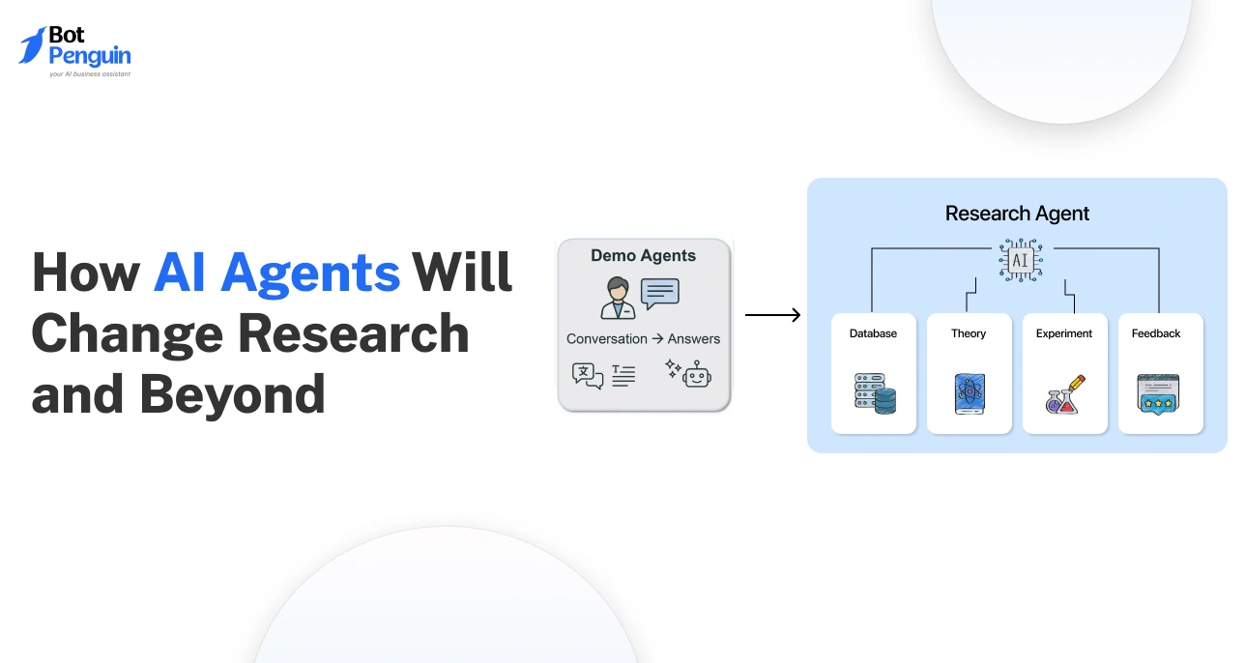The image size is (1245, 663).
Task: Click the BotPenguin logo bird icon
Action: (x=32, y=45)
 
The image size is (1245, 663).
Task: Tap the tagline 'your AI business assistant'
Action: (x=90, y=73)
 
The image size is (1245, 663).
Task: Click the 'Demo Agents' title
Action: (x=643, y=256)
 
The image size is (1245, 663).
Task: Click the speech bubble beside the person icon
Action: (x=660, y=293)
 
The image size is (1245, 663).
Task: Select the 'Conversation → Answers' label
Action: (x=643, y=338)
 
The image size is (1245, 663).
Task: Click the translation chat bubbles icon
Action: (x=587, y=375)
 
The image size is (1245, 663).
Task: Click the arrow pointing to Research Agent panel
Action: (x=772, y=315)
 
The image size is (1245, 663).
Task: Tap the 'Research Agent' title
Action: (x=1017, y=214)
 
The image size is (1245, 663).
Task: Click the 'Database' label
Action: (x=873, y=333)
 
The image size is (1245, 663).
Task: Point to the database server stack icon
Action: (x=875, y=393)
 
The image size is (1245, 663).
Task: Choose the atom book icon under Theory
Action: (x=969, y=394)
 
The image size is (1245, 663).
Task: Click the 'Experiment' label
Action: (x=1063, y=333)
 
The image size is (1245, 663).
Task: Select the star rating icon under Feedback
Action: (x=1158, y=393)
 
